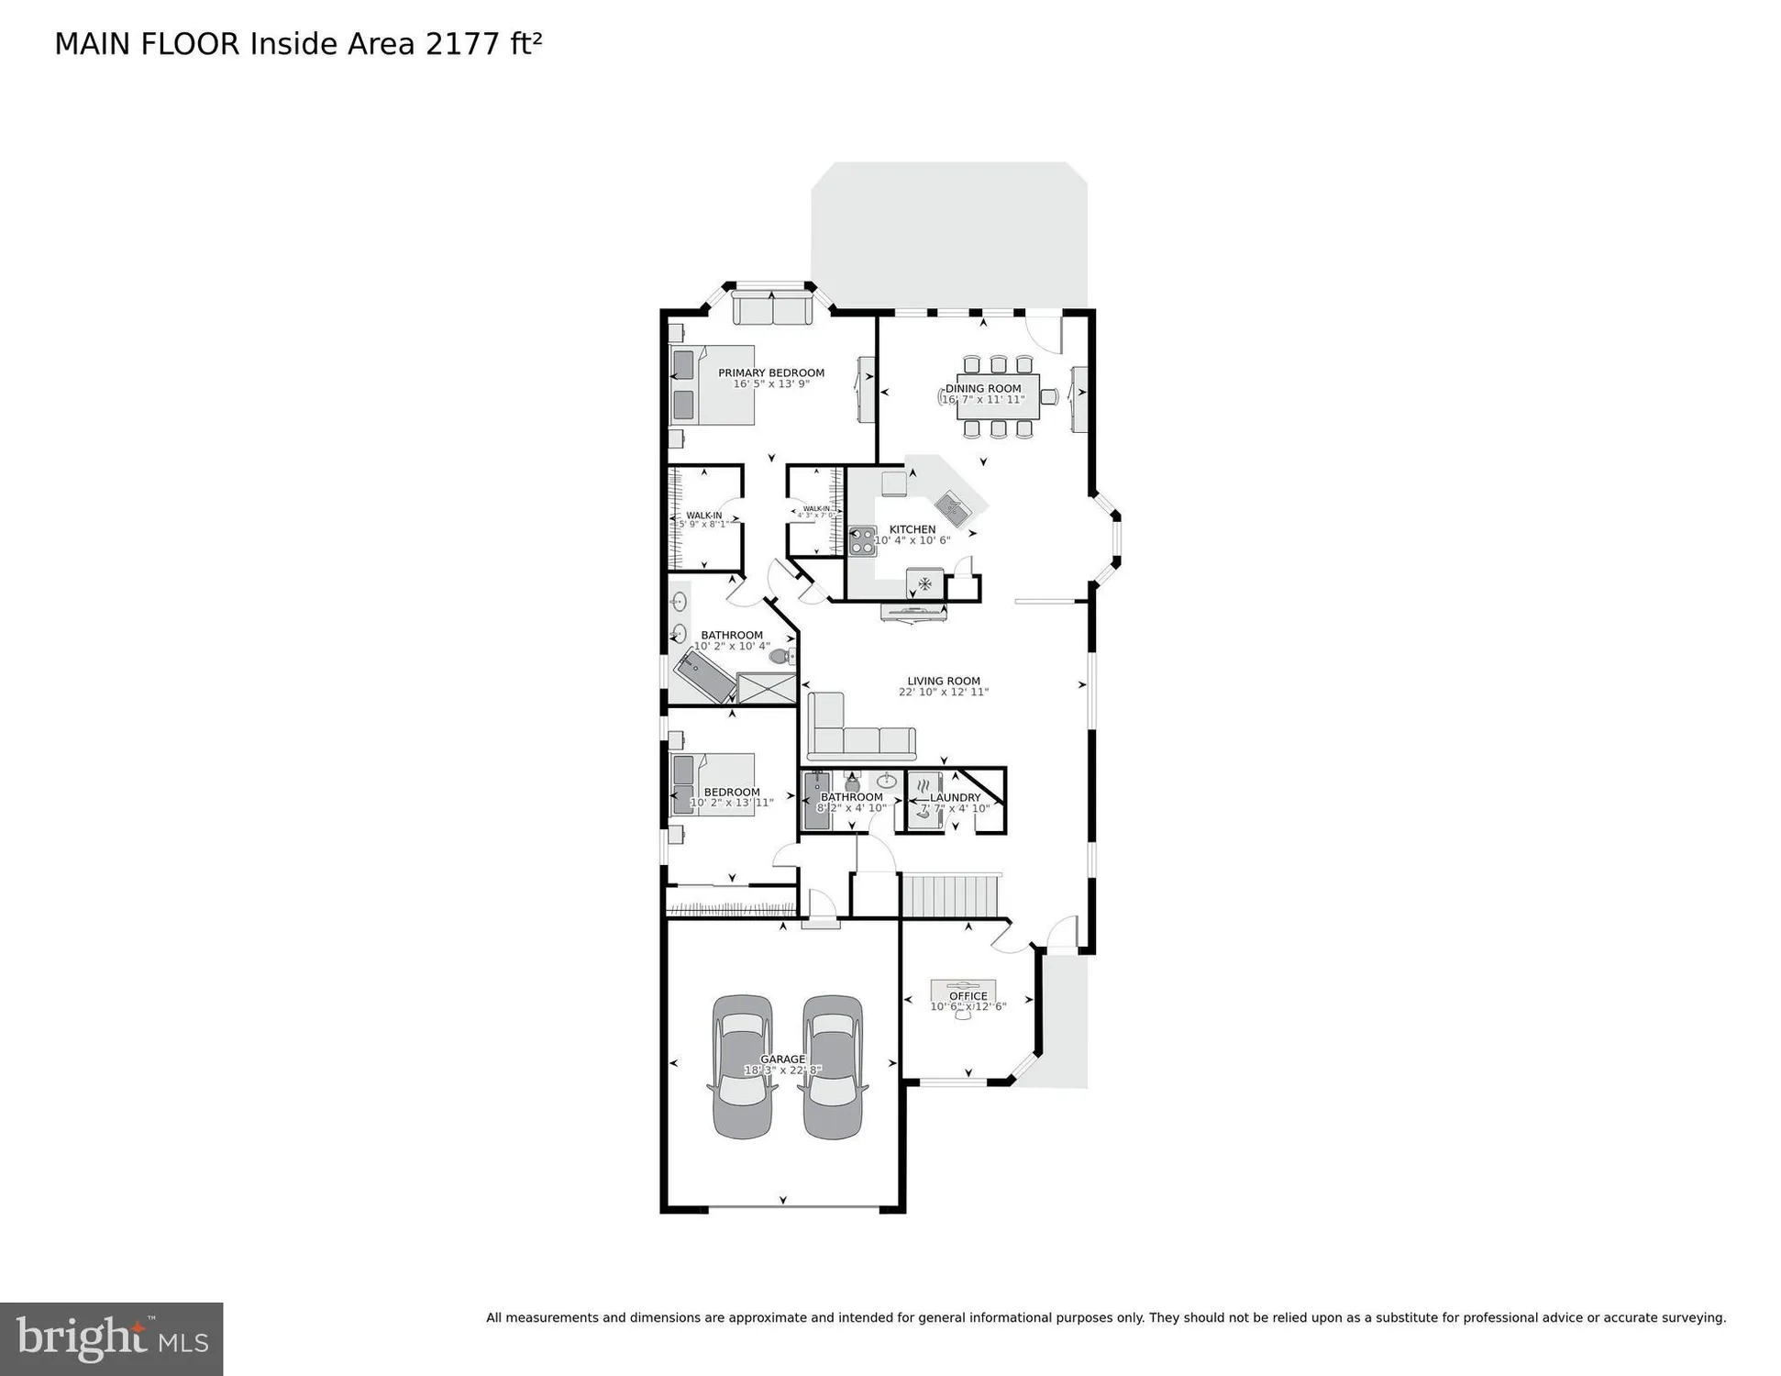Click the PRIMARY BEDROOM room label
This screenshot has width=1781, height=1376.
(x=770, y=372)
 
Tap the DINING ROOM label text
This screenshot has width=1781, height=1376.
(x=983, y=388)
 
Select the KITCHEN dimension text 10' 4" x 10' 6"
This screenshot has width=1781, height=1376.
(x=912, y=541)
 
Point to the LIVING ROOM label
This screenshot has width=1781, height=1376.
(x=944, y=681)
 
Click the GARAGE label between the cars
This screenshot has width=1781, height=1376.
(x=782, y=1060)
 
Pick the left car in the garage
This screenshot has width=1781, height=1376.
(x=742, y=1067)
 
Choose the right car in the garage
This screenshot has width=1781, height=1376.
(x=833, y=1067)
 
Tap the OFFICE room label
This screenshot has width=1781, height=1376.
(x=968, y=996)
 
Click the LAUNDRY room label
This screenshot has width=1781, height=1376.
(x=955, y=798)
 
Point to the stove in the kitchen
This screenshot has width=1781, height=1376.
(x=861, y=541)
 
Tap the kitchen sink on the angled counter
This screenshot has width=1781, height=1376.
(x=952, y=505)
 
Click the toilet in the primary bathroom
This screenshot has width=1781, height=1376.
(x=780, y=656)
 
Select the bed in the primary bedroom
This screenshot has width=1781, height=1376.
(x=713, y=384)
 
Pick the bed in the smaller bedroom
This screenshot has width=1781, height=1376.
(x=713, y=784)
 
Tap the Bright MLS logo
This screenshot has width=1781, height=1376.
(x=111, y=1338)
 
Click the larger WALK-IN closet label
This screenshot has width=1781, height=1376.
(x=703, y=516)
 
